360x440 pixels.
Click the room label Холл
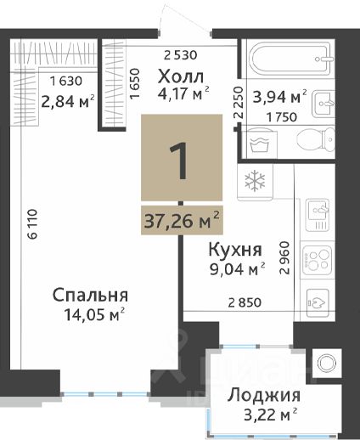click(x=181, y=76)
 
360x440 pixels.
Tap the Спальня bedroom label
click(x=90, y=295)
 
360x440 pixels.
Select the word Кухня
click(x=235, y=250)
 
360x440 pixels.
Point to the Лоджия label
click(x=264, y=395)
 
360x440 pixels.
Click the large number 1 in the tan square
click(x=179, y=161)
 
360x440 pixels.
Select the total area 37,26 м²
click(x=182, y=220)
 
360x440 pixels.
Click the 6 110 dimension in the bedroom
click(x=32, y=224)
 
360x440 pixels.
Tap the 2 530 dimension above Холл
click(x=180, y=55)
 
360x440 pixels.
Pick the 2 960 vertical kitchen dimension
click(x=284, y=257)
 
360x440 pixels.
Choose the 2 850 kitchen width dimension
click(x=245, y=302)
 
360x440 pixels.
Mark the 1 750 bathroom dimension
click(x=281, y=116)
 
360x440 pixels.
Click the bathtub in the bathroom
click(x=290, y=59)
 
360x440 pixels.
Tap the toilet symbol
click(x=316, y=139)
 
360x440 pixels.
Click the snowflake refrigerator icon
click(x=255, y=180)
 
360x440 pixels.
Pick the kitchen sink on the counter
click(x=318, y=214)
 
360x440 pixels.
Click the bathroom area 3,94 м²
click(x=279, y=96)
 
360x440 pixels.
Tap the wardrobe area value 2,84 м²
click(x=68, y=101)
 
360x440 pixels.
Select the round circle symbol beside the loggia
click(x=326, y=363)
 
